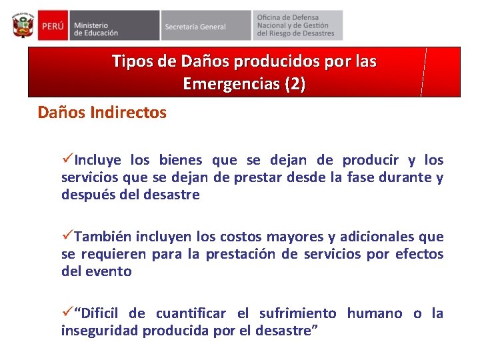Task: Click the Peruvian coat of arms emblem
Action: (x=23, y=25)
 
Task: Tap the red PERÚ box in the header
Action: (x=51, y=25)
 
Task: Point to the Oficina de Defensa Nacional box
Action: (x=297, y=25)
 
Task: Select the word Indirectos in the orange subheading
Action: (x=130, y=113)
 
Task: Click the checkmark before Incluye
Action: (x=67, y=160)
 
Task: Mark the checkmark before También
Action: (x=67, y=237)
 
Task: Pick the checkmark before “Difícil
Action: (x=67, y=313)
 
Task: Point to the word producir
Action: (x=370, y=160)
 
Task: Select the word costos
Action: (x=242, y=237)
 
